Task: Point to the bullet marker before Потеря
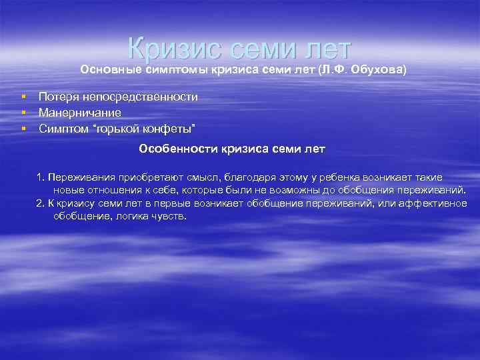(x=23, y=97)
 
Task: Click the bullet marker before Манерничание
(x=23, y=113)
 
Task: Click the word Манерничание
(x=79, y=113)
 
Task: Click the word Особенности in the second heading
(x=173, y=149)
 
